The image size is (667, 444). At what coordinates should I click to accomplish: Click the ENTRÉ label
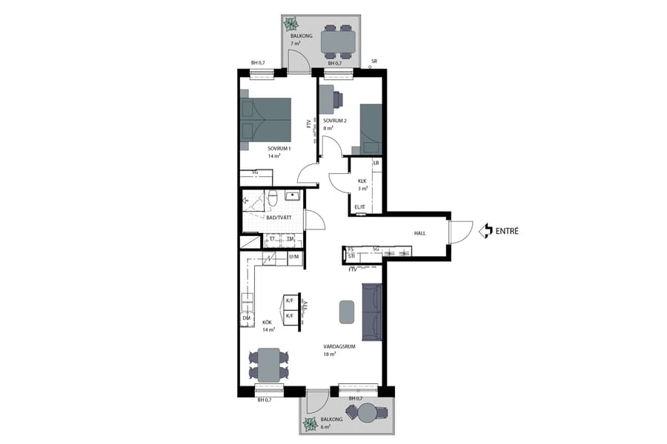tap(508, 231)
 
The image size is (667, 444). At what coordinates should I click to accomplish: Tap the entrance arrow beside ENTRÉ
tap(486, 231)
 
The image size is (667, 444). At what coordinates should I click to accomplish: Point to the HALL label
tap(420, 234)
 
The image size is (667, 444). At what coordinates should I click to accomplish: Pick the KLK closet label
tap(362, 181)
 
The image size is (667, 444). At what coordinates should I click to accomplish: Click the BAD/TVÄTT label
tap(279, 218)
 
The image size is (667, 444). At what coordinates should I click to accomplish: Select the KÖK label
tap(267, 322)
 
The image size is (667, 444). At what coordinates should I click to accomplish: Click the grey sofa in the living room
tap(371, 312)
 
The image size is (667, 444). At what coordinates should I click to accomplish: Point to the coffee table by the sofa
tap(346, 311)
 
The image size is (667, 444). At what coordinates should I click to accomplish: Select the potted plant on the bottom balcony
tap(308, 424)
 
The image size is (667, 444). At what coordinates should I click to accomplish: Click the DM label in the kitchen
tap(246, 318)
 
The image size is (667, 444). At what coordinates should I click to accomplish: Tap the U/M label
tap(294, 257)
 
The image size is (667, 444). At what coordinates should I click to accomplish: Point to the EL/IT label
tap(361, 207)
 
